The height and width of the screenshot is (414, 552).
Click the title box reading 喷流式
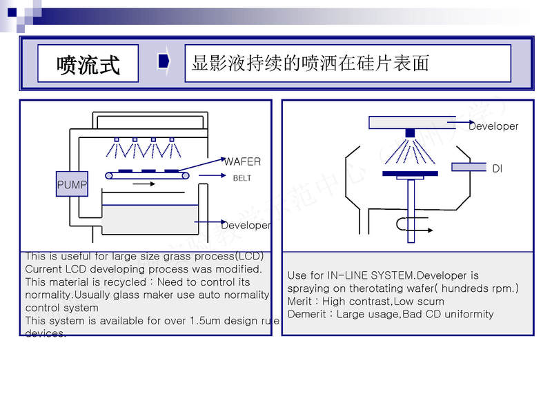(88, 64)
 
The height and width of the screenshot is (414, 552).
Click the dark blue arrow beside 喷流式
(164, 61)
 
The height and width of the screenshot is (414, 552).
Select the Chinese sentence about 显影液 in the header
(310, 63)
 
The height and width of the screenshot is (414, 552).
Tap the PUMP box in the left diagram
(72, 185)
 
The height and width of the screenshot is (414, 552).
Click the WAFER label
(242, 161)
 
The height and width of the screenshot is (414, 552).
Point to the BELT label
(242, 178)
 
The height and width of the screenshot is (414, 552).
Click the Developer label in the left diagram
(246, 226)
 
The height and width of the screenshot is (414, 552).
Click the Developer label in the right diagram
(493, 126)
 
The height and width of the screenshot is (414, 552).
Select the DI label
(497, 168)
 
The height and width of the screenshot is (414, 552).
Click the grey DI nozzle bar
(469, 167)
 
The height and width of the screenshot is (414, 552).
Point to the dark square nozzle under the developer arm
(410, 132)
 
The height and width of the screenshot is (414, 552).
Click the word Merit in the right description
(302, 302)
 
